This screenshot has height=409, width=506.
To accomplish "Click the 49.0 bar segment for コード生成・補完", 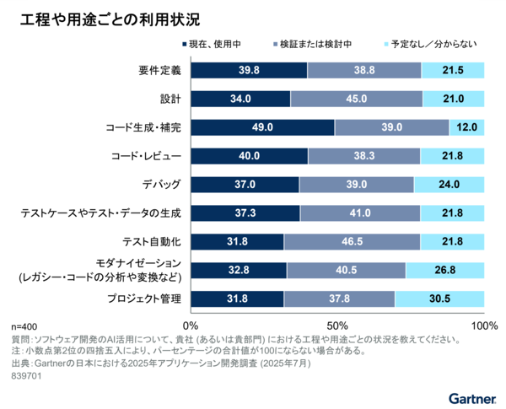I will [x=262, y=127].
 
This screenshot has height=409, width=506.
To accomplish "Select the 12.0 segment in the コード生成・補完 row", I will [x=467, y=127].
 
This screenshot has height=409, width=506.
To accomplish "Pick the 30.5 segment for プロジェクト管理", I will [x=439, y=299].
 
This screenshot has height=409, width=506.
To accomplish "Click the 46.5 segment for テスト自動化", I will [x=352, y=242].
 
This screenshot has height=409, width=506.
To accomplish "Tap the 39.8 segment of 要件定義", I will [x=249, y=70].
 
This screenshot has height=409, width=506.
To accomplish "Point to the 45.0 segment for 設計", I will [x=357, y=99].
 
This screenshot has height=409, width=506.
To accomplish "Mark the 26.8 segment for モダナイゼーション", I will [x=445, y=270].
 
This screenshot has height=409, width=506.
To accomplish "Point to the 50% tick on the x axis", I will [x=338, y=326].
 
